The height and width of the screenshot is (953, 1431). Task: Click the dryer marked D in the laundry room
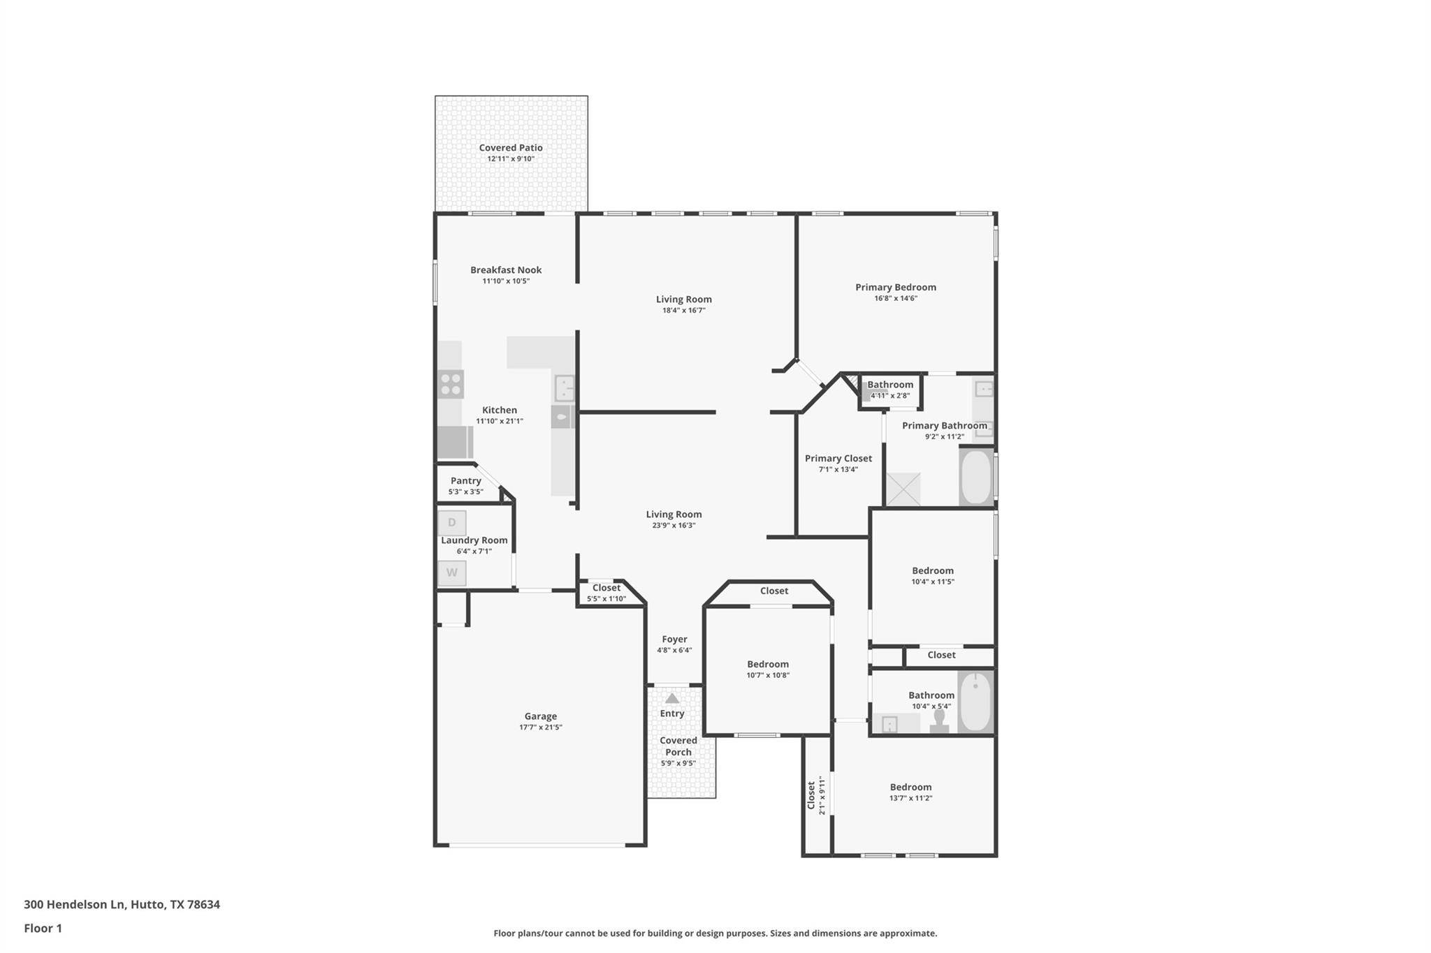(451, 523)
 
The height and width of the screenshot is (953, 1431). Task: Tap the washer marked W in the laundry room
(451, 573)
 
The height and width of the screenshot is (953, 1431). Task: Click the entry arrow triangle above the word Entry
(672, 698)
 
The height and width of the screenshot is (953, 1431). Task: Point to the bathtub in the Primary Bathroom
(976, 476)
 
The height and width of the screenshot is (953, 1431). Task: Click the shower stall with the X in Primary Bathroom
(903, 489)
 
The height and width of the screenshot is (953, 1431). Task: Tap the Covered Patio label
(511, 147)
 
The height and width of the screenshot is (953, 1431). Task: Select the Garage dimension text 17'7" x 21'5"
(541, 727)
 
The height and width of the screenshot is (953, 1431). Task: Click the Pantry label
(466, 480)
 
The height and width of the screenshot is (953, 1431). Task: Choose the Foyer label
(675, 639)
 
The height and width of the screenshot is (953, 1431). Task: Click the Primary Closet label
(838, 458)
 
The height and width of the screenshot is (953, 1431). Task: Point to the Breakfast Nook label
(506, 269)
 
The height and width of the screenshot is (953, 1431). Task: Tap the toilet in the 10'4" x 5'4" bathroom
(939, 721)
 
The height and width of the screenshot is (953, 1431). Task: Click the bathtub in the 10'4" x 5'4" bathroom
(975, 702)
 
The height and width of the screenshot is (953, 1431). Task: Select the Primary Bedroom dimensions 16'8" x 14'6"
(896, 298)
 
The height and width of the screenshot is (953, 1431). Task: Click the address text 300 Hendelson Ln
(75, 904)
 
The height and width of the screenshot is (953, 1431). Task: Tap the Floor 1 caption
(43, 928)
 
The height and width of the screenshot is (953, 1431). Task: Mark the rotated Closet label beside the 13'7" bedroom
(811, 795)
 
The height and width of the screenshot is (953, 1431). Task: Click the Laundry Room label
(474, 540)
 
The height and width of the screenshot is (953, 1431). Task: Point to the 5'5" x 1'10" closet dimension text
(606, 598)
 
